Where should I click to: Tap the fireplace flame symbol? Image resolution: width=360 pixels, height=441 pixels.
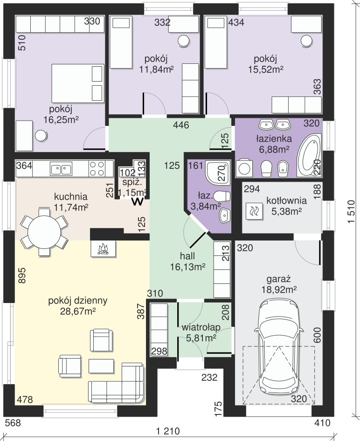(103, 248)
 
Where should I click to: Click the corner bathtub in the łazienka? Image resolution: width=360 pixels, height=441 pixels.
(309, 155)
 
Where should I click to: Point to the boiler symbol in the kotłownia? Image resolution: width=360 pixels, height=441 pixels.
(254, 211)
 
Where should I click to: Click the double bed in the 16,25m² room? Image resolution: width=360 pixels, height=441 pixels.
(77, 83)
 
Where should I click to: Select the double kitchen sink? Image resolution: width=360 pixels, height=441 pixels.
(61, 169)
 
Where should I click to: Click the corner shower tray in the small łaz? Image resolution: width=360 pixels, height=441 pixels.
(218, 172)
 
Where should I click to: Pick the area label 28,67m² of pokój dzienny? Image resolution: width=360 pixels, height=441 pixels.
(78, 311)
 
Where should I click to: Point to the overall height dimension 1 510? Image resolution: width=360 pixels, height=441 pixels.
(351, 212)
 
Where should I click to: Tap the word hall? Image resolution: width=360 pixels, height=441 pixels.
(187, 256)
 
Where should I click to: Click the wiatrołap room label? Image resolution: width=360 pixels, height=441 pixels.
(201, 327)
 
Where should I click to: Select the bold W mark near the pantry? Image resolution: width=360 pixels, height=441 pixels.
(138, 202)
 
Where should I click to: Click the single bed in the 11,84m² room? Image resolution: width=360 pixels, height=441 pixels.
(121, 42)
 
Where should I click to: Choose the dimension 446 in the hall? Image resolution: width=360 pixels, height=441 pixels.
(181, 125)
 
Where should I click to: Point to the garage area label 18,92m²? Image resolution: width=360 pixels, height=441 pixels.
(278, 289)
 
